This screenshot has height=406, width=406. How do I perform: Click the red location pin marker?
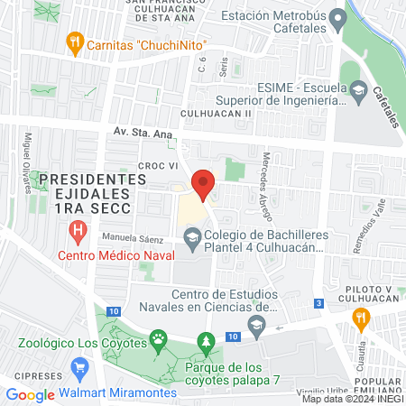pos(203,184)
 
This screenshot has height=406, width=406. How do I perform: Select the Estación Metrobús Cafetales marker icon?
pos(337,17)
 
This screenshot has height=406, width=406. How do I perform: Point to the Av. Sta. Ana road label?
pos(142,132)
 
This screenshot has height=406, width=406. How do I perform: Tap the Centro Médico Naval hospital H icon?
pos(78,232)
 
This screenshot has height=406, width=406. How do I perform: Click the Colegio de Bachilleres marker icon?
pos(191,238)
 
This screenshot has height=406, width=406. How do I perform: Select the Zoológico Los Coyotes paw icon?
pos(159,341)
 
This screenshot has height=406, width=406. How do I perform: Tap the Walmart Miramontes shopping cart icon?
pos(80,368)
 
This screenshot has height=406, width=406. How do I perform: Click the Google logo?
pos(30,394)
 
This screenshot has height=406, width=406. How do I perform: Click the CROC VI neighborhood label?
pos(154,166)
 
